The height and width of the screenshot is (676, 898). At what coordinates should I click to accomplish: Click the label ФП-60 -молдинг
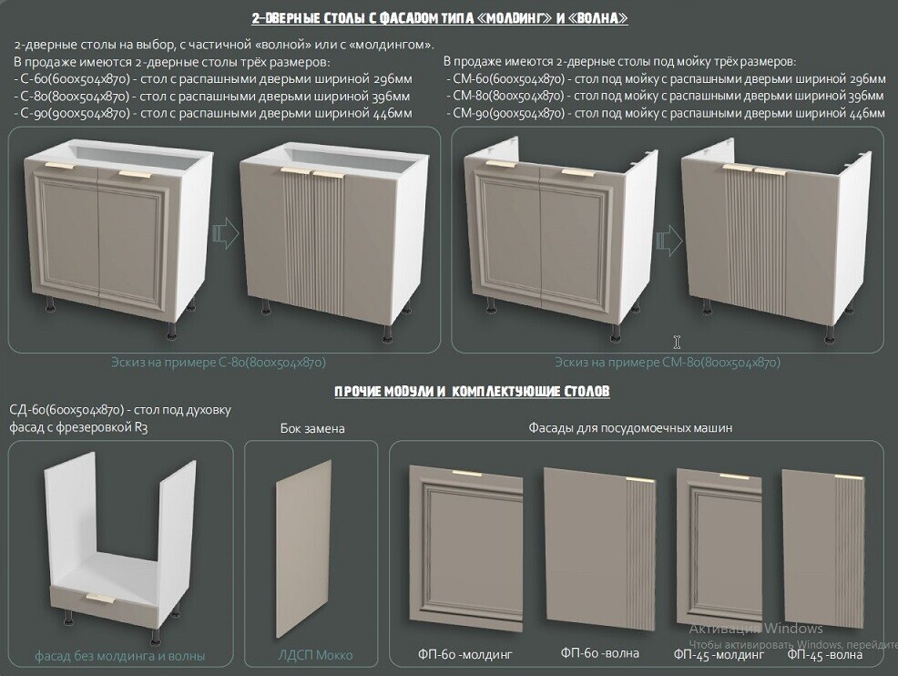click(x=464, y=653)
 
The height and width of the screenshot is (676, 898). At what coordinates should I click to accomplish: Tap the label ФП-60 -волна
click(x=599, y=652)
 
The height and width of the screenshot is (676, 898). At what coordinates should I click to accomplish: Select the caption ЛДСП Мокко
click(x=315, y=655)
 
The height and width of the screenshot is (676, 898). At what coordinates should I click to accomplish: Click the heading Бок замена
click(x=312, y=428)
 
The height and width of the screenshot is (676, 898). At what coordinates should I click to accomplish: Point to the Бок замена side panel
click(x=303, y=548)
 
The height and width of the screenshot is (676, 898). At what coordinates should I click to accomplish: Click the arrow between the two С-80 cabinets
click(x=226, y=232)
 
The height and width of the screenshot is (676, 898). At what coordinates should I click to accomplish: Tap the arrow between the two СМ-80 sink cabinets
click(x=668, y=240)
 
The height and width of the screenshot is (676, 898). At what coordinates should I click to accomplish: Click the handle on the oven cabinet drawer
click(x=100, y=599)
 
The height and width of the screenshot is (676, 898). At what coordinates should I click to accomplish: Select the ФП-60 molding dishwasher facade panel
click(x=465, y=548)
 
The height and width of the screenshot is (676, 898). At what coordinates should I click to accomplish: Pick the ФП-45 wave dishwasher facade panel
click(x=823, y=548)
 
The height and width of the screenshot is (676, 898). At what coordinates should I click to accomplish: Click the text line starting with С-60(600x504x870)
click(x=212, y=79)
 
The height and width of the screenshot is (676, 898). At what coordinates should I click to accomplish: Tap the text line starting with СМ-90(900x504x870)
click(x=665, y=114)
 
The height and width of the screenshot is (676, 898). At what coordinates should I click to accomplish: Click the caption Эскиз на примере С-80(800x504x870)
click(x=219, y=363)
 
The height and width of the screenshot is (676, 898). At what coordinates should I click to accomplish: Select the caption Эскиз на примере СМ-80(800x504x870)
click(x=668, y=363)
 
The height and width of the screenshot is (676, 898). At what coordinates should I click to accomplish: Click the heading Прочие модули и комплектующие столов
click(x=472, y=391)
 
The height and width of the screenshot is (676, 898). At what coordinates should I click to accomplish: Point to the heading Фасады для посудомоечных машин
click(x=630, y=428)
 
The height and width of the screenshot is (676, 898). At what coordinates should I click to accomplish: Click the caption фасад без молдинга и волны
click(x=119, y=656)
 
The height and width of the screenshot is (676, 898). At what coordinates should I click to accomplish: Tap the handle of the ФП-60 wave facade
click(x=640, y=480)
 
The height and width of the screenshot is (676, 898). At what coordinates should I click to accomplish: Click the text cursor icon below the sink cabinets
click(x=677, y=342)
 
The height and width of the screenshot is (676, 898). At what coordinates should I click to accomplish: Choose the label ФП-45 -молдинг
click(x=719, y=654)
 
